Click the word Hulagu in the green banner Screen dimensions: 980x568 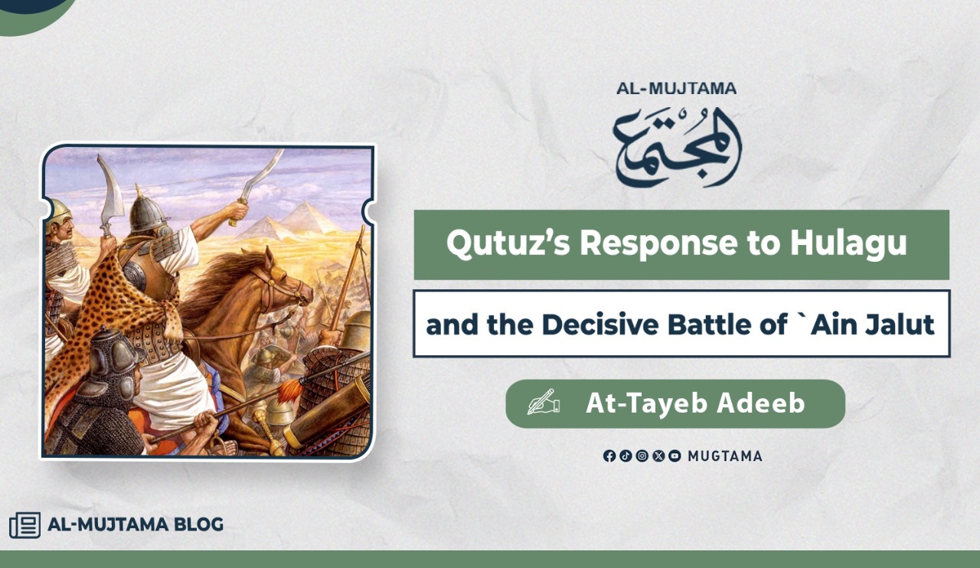click(x=848, y=243)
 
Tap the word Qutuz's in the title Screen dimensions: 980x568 click(x=508, y=243)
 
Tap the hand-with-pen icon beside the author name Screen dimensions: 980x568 click(x=544, y=402)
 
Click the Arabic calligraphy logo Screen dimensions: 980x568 click(x=677, y=148)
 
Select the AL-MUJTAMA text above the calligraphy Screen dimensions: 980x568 click(x=676, y=88)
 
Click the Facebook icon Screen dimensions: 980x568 click(x=609, y=456)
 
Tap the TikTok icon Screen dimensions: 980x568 click(x=626, y=456)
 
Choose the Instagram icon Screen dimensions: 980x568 click(x=642, y=456)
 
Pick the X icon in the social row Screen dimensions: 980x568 click(x=658, y=456)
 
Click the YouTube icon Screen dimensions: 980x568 click(x=675, y=456)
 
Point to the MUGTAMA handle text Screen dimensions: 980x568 click(x=725, y=456)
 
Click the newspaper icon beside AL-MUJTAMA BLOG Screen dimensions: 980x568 click(x=25, y=524)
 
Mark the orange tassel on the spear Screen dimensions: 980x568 click(x=289, y=390)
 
